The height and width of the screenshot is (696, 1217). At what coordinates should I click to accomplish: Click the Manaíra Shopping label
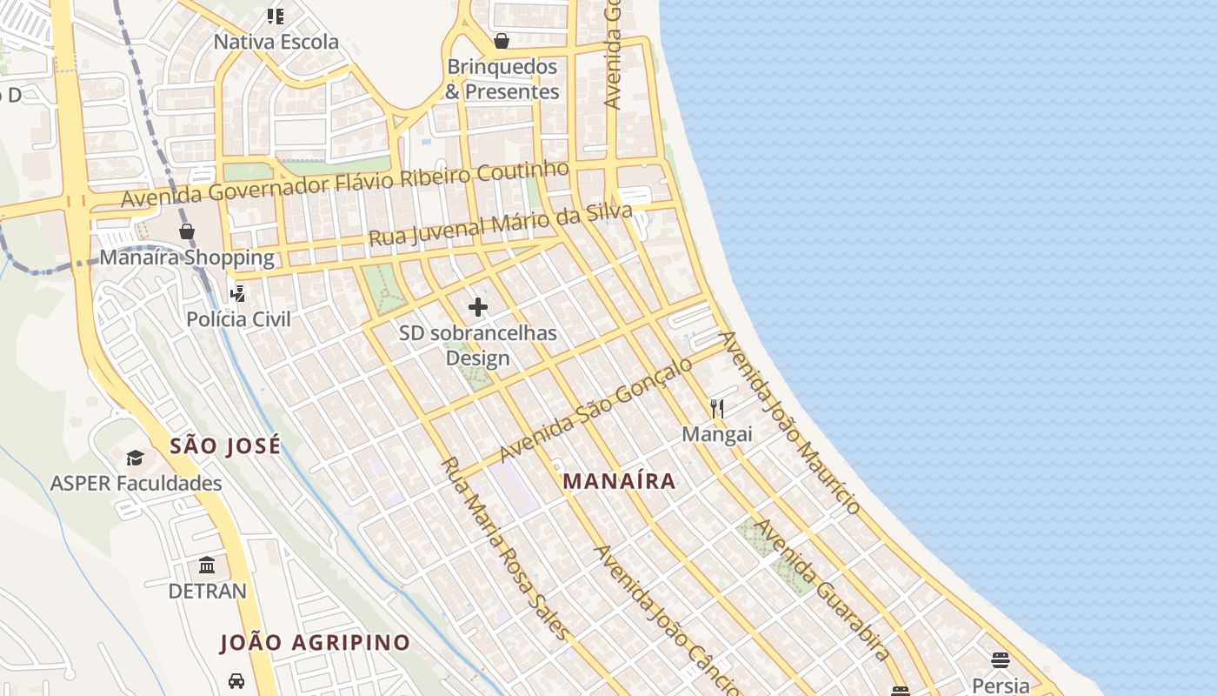coord(187,258)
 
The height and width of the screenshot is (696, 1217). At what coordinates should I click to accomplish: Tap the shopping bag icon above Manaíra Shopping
coord(187,231)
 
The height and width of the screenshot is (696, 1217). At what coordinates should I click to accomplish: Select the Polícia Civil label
coord(238,319)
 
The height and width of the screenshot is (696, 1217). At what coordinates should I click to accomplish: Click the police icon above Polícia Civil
coord(236,294)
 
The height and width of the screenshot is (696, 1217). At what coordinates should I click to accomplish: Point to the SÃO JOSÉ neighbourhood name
coord(225,446)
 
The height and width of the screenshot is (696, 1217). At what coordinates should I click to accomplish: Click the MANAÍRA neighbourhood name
coord(619,481)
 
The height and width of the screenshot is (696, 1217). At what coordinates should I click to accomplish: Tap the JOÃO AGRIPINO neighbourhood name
coord(315,643)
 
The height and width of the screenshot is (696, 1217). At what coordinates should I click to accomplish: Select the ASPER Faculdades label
coord(136,484)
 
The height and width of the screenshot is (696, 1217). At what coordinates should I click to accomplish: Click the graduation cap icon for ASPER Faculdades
coord(135,458)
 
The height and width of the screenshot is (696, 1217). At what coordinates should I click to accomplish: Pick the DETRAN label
coord(207,592)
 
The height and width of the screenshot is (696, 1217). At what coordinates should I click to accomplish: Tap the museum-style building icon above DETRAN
coord(207,566)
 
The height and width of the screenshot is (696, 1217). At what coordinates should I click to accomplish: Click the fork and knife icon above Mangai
coord(717,407)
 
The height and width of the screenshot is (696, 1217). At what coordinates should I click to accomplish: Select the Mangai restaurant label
coord(717,433)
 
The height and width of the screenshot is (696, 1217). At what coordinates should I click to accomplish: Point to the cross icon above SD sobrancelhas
coord(478,307)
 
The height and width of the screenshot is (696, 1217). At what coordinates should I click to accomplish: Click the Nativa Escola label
coord(276,42)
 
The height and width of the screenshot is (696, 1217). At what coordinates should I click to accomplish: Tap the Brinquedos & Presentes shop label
coord(502,79)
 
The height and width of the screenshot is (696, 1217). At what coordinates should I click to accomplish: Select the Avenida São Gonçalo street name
coord(595,409)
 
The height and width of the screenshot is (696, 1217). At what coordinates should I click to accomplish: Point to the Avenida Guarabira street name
coord(821,589)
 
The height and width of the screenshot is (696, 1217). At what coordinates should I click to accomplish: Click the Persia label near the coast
coord(1001,686)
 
